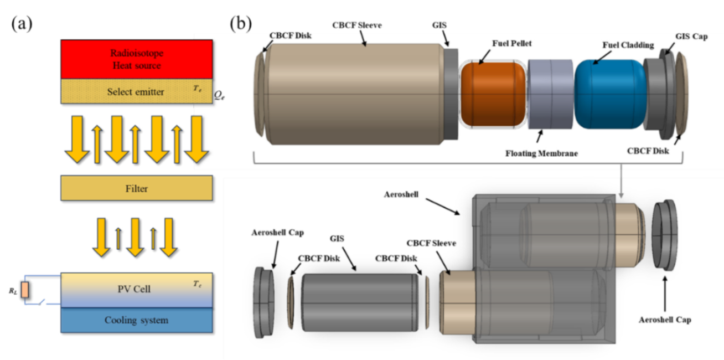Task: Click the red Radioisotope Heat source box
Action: [136, 59]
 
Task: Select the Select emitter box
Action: [136, 91]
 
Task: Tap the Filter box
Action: [136, 188]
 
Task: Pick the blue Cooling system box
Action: [136, 320]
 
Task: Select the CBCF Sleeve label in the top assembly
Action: [357, 25]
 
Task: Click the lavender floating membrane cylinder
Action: [550, 94]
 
